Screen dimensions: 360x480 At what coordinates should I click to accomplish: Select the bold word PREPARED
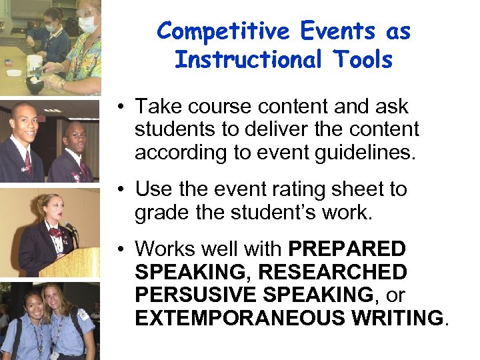[x=347, y=249]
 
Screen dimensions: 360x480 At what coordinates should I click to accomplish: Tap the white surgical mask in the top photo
[x=87, y=25]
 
